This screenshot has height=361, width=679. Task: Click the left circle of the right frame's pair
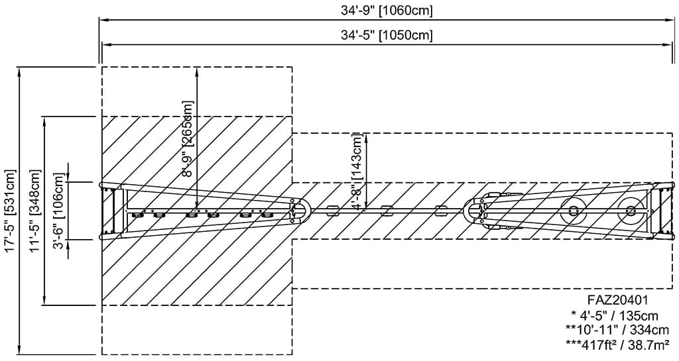572,211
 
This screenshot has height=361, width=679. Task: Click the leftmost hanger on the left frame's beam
139,214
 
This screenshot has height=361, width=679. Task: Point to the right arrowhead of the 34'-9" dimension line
671,20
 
